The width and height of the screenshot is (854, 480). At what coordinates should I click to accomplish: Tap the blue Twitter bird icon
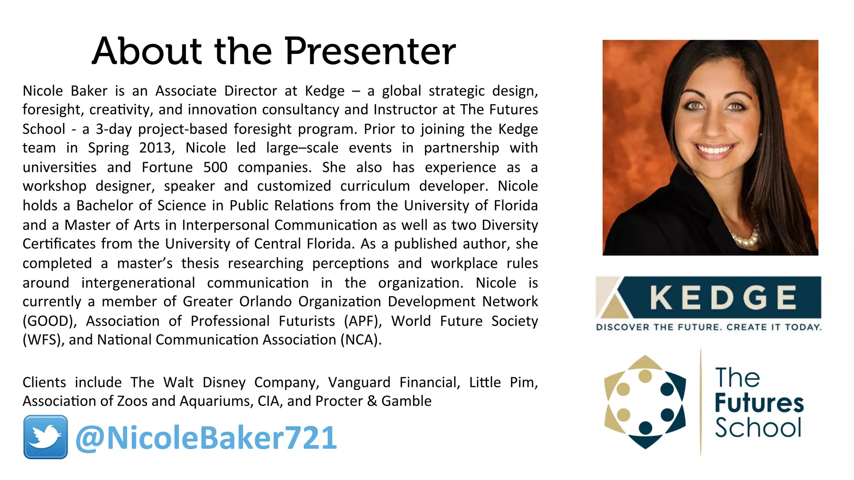pyautogui.click(x=45, y=437)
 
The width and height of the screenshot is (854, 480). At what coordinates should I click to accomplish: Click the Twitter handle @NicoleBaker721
pyautogui.click(x=206, y=438)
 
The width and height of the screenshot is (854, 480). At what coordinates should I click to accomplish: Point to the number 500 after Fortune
pyautogui.click(x=215, y=167)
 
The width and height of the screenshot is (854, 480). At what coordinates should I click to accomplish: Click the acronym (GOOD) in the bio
pyautogui.click(x=50, y=321)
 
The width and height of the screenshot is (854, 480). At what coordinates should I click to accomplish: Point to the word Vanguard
pyautogui.click(x=359, y=382)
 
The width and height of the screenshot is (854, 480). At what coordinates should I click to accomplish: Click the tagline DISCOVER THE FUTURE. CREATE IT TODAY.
pyautogui.click(x=708, y=327)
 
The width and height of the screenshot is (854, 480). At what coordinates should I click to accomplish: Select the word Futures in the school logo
pyautogui.click(x=759, y=403)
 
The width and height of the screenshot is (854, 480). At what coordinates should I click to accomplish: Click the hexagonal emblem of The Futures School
pyautogui.click(x=645, y=402)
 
